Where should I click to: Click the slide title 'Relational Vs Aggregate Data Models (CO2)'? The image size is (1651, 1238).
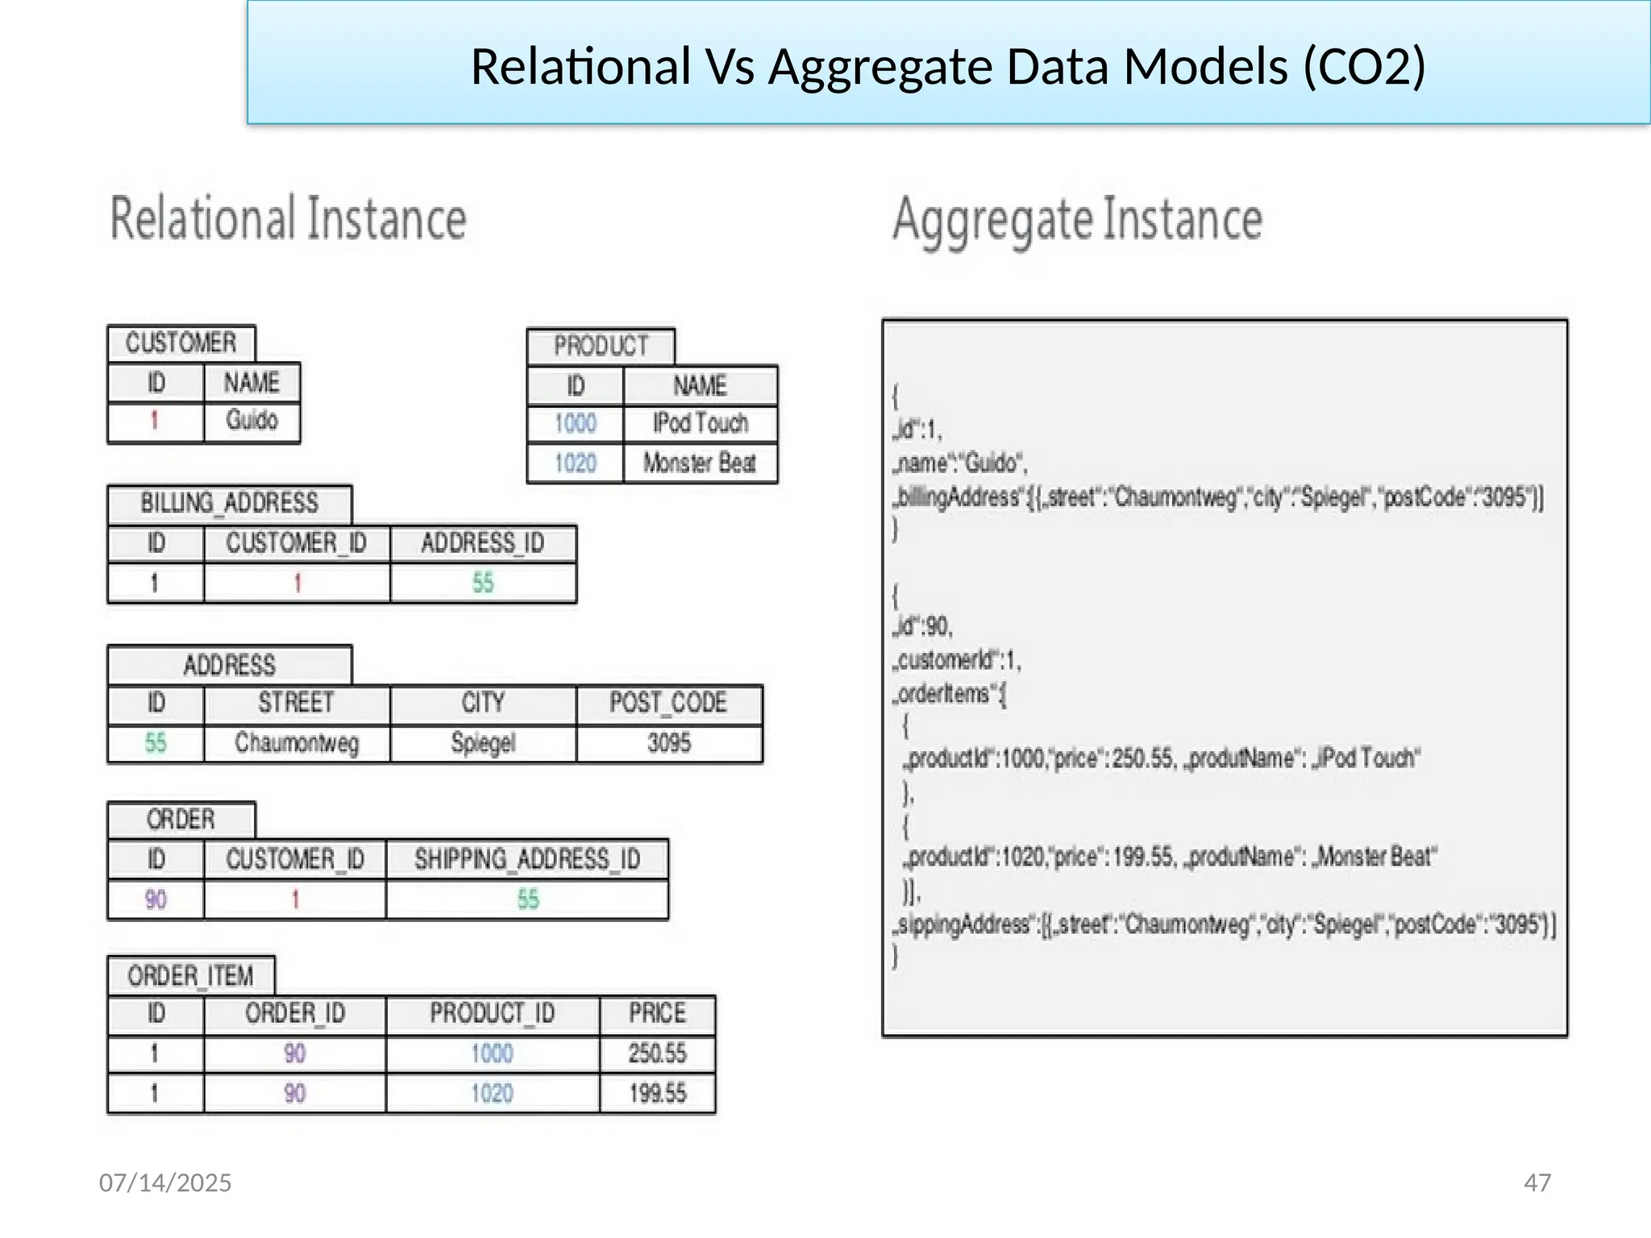pyautogui.click(x=948, y=66)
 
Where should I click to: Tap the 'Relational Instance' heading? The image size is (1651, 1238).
pyautogui.click(x=288, y=218)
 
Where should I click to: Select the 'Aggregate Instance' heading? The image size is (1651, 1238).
pyautogui.click(x=1077, y=219)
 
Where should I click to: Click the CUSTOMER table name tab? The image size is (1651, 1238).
pyautogui.click(x=181, y=343)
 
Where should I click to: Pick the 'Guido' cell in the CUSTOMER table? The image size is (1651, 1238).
pyautogui.click(x=252, y=420)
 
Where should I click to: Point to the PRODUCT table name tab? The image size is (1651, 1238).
pyautogui.click(x=601, y=347)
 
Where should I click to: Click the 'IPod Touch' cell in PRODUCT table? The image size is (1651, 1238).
pyautogui.click(x=700, y=423)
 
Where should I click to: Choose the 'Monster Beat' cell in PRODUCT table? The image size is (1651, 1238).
pyautogui.click(x=700, y=463)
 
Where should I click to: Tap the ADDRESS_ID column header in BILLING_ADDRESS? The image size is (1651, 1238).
pyautogui.click(x=483, y=543)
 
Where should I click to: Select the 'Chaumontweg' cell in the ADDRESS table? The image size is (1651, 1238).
pyautogui.click(x=297, y=742)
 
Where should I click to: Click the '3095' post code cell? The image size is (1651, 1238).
pyautogui.click(x=669, y=742)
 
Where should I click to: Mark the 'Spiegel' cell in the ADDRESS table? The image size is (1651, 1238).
pyautogui.click(x=483, y=742)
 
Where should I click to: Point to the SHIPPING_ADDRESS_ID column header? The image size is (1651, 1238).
pyautogui.click(x=527, y=859)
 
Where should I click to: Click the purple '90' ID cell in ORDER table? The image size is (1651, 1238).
pyautogui.click(x=156, y=899)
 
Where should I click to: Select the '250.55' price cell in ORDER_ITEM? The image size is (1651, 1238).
pyautogui.click(x=657, y=1053)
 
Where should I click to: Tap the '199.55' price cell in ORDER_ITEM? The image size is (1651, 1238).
pyautogui.click(x=657, y=1094)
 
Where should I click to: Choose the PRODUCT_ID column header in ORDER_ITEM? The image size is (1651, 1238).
pyautogui.click(x=492, y=1013)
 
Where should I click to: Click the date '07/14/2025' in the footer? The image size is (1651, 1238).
pyautogui.click(x=165, y=1182)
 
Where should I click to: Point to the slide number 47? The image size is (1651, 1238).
pyautogui.click(x=1537, y=1182)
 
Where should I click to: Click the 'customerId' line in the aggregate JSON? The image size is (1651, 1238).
pyautogui.click(x=957, y=661)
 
